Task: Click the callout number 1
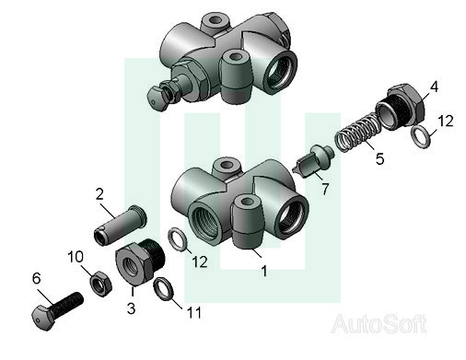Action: pos(264,271)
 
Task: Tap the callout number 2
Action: pos(99,194)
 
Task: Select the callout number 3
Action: pos(132,308)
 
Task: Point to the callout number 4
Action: pos(434,87)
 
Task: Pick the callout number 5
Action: pos(379,159)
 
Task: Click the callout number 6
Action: pos(36,278)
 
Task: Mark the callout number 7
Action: pos(325,189)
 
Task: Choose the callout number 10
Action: pos(76,257)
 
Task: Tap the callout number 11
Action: pos(194,313)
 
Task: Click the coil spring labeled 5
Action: pos(358,132)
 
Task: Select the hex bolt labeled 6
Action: pos(57,310)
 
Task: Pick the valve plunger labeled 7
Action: pos(314,161)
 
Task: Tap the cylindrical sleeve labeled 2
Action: pos(120,225)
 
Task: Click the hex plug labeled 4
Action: pos(401,106)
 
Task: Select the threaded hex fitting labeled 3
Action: pos(140,261)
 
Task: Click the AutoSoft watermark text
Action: pos(379,324)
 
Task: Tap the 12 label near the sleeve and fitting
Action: pos(200,261)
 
